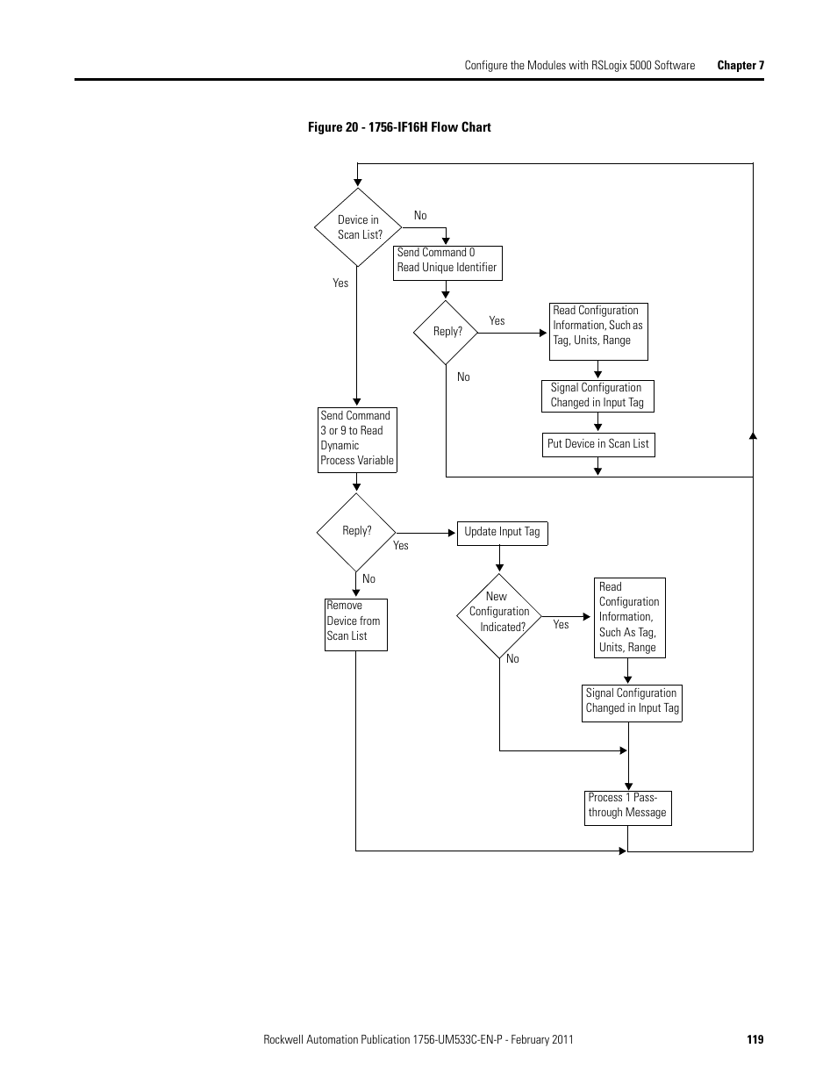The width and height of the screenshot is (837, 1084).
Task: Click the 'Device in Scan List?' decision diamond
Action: (x=358, y=227)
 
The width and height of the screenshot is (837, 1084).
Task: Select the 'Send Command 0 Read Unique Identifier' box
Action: (x=447, y=262)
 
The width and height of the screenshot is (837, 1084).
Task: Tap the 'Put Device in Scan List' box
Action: (x=598, y=444)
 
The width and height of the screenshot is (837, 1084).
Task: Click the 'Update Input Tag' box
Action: (x=503, y=533)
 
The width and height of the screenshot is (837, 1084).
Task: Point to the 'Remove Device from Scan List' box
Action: (x=355, y=624)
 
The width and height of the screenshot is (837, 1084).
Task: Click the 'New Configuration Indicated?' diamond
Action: (x=499, y=614)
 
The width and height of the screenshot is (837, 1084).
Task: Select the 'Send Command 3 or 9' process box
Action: (x=357, y=440)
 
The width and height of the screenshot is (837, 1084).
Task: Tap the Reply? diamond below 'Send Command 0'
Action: (x=446, y=333)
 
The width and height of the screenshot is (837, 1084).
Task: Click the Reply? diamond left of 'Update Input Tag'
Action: (x=356, y=532)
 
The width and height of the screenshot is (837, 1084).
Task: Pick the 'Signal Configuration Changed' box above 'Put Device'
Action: (x=597, y=396)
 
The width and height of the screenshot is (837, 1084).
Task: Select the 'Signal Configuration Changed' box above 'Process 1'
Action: (x=632, y=703)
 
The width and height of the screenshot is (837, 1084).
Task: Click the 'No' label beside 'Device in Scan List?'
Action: (x=420, y=216)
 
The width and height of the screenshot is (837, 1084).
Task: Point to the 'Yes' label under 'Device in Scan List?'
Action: (x=340, y=284)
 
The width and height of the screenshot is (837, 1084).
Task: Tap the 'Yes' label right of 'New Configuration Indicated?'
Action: (x=561, y=625)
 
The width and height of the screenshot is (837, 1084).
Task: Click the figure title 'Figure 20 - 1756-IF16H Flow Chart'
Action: (x=399, y=127)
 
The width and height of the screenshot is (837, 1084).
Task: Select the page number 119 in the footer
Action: (x=755, y=1039)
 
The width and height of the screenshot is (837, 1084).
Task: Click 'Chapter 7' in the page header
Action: (x=740, y=65)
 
